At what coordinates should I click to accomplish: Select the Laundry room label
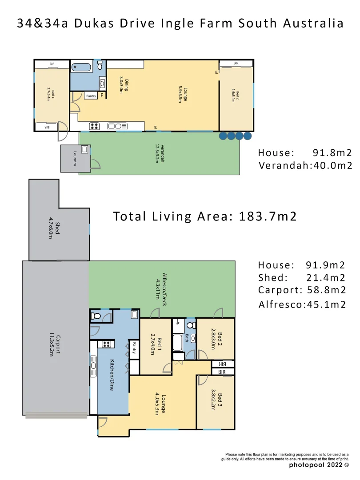(75, 158)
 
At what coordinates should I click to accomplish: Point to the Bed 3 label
(216, 401)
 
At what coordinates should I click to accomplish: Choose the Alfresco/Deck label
(160, 286)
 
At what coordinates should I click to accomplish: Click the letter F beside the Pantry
(102, 96)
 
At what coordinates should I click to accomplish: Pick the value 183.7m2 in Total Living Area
(268, 216)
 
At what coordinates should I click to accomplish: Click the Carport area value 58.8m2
(326, 291)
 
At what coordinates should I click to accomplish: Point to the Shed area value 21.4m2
(326, 278)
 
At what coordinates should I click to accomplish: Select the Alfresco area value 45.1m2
(326, 304)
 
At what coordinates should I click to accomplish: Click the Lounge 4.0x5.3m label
(160, 404)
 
